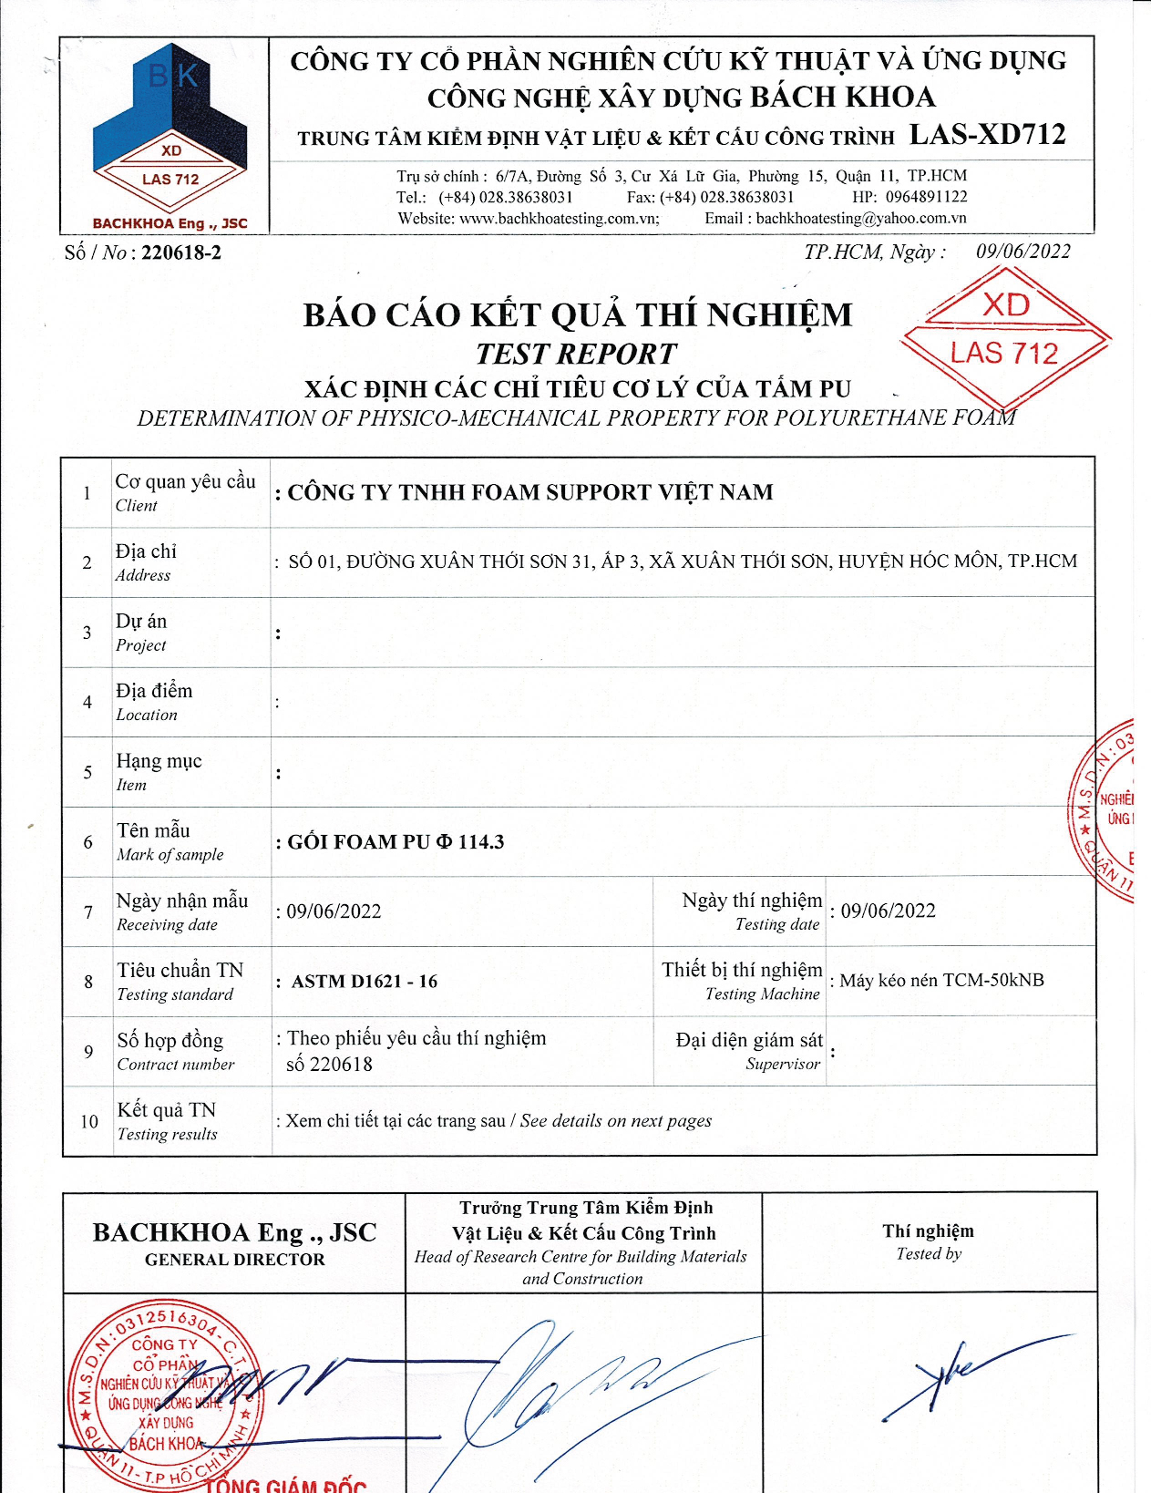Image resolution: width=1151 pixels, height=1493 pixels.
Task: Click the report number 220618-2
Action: [x=180, y=252]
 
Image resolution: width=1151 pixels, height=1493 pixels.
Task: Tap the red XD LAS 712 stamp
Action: [x=1005, y=337]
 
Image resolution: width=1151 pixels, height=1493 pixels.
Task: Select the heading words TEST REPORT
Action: [x=576, y=354]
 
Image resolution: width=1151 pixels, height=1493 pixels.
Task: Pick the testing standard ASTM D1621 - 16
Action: [x=365, y=982]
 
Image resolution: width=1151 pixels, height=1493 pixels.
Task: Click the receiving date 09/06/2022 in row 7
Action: [x=334, y=911]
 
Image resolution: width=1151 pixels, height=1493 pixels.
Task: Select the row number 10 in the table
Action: [x=88, y=1121]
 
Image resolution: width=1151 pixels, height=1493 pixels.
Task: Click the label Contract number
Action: [x=175, y=1065]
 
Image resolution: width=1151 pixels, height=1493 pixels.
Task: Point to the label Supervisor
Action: [x=783, y=1064]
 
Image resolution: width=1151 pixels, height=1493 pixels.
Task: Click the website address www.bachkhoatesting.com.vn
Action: [x=559, y=219]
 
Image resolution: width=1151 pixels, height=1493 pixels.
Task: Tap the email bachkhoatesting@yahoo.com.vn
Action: [x=860, y=219]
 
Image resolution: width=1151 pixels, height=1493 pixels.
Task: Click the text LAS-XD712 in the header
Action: [x=987, y=135]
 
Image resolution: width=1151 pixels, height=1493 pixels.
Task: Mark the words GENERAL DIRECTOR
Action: [x=234, y=1260]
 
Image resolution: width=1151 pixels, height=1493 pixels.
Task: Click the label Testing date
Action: [x=777, y=924]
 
